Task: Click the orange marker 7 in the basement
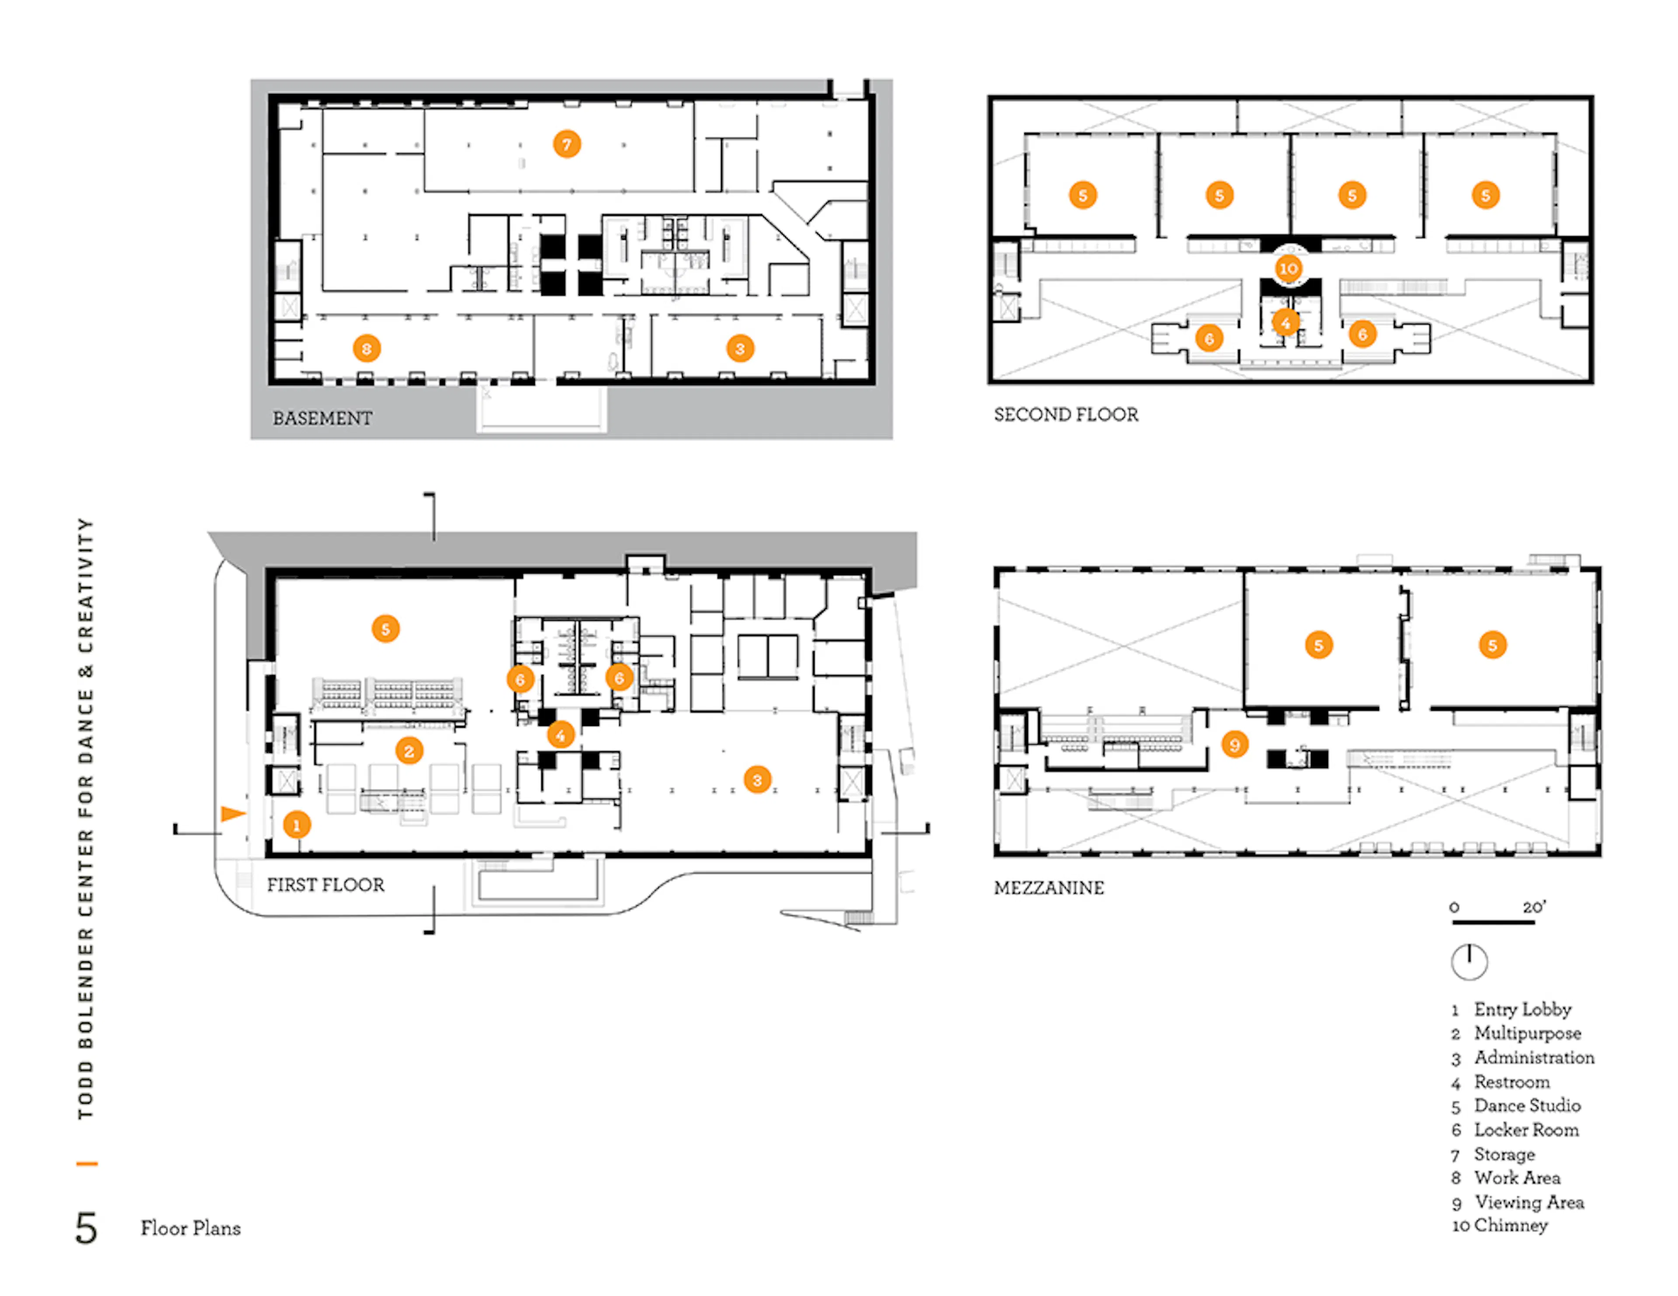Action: pos(567,144)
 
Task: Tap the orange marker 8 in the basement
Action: pos(367,349)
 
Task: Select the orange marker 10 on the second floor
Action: pos(1289,268)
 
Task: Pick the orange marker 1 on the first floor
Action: pos(297,825)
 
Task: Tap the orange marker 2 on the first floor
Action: pos(409,750)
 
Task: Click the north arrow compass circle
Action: pos(1469,961)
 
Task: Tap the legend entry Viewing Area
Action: pos(1528,1202)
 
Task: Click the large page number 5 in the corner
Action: pos(86,1227)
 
